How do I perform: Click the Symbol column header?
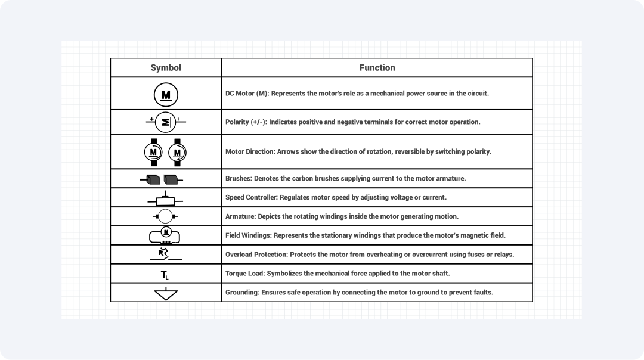point(166,68)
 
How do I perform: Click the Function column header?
point(377,68)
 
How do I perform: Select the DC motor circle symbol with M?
point(166,94)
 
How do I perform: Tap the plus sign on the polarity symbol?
point(151,119)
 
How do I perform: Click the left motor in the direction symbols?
point(154,152)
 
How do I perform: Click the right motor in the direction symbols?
point(178,152)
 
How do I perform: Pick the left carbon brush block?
point(154,179)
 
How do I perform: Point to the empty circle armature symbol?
point(166,216)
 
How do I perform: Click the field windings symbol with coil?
point(165,235)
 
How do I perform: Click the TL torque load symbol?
point(166,274)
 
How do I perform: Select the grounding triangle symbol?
point(166,293)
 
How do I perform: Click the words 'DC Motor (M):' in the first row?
point(247,94)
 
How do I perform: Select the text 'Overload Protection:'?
point(256,255)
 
